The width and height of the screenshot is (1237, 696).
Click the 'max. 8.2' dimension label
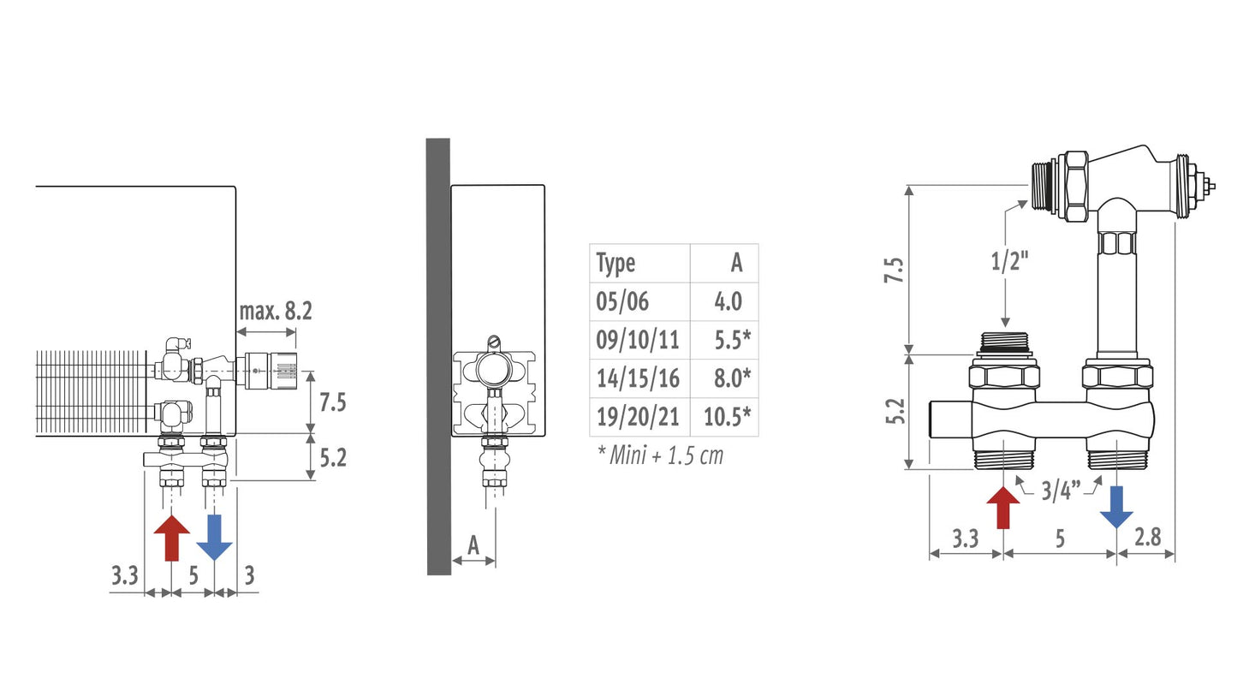(276, 311)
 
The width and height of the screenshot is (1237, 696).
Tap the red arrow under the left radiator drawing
(172, 538)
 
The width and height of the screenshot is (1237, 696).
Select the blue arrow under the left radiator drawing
(214, 538)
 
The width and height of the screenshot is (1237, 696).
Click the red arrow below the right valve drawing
(1002, 507)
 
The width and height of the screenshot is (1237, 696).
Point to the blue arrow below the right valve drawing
(1116, 507)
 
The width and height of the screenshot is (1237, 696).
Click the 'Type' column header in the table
(616, 264)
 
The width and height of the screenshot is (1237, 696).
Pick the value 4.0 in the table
(728, 301)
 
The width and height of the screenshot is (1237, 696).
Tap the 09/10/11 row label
(637, 340)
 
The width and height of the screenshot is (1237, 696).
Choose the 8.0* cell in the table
(732, 378)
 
